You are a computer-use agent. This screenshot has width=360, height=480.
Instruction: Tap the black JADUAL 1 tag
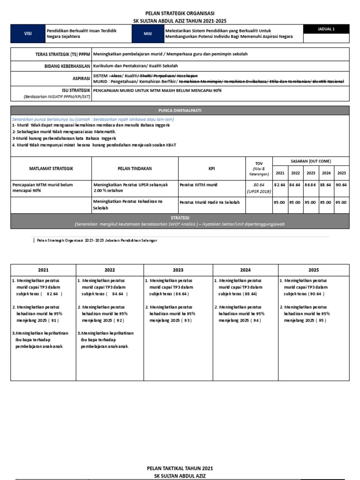coord(326,29)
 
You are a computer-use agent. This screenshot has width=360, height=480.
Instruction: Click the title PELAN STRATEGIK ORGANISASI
coord(180,14)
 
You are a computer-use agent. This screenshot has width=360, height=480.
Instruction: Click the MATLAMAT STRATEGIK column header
coord(51,168)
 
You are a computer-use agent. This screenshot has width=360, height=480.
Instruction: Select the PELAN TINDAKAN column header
coord(135,168)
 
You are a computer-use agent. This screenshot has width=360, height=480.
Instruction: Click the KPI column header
coord(211,168)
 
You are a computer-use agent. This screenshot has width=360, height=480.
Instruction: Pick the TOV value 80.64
coord(259,185)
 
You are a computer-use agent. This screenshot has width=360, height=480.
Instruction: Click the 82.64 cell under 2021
coord(280,185)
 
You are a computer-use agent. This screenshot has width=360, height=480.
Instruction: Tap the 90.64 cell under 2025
coord(342,185)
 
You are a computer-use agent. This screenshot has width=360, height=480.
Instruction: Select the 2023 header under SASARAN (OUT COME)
coord(311,173)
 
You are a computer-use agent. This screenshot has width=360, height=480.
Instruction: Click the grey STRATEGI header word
coord(180,218)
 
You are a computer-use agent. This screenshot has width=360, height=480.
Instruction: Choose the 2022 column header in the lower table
coord(109,270)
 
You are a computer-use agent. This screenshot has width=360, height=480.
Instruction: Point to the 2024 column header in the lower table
coord(246,270)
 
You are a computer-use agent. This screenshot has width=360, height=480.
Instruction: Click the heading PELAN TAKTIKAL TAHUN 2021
coord(180,468)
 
